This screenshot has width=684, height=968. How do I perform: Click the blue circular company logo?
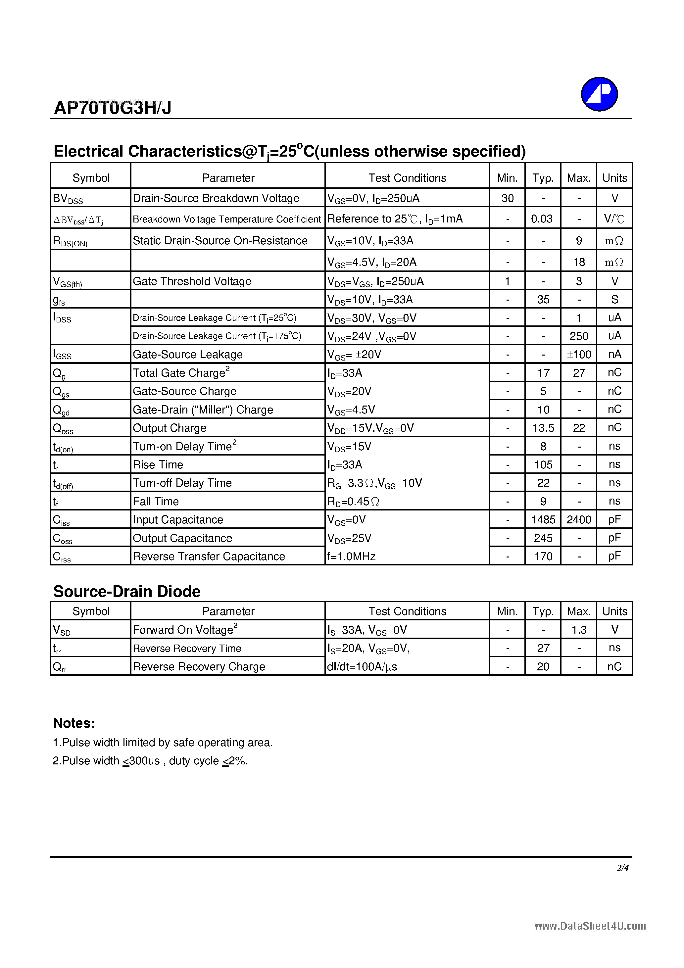(599, 94)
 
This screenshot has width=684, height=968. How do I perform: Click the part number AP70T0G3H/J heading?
(113, 108)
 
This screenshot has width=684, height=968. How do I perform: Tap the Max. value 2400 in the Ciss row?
(579, 519)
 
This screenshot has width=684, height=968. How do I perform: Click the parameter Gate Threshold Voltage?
(192, 281)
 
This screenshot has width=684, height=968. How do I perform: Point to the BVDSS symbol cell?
(68, 198)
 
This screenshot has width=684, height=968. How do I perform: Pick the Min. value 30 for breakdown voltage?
(507, 198)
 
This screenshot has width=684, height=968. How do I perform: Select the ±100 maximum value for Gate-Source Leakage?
(579, 355)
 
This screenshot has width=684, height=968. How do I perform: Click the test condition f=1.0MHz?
(351, 557)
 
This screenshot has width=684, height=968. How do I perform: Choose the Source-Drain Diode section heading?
(127, 592)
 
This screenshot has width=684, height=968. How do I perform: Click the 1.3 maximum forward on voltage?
(579, 630)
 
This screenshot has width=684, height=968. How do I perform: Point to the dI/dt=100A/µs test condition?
(362, 666)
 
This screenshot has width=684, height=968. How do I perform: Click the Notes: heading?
(74, 723)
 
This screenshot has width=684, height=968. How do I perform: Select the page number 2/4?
(622, 868)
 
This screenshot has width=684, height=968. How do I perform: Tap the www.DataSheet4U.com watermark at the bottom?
(590, 926)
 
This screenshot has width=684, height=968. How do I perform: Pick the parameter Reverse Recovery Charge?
(199, 666)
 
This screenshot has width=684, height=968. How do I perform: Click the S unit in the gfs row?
(614, 299)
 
